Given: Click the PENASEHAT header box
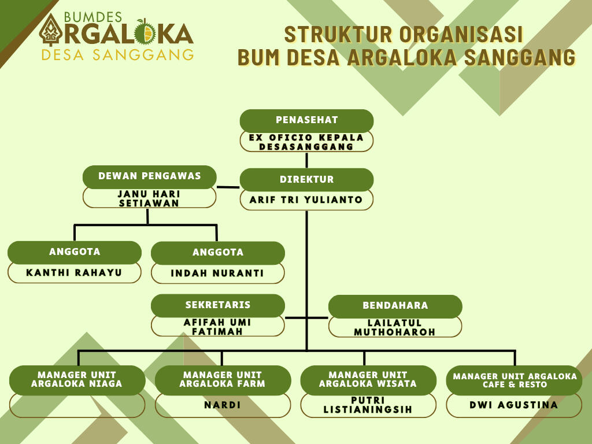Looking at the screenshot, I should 306,120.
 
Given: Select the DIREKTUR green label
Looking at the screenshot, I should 306,179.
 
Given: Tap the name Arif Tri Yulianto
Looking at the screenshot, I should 306,200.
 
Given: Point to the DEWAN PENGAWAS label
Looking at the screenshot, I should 149,176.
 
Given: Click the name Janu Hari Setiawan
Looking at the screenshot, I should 149,198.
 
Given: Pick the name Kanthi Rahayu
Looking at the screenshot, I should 74,272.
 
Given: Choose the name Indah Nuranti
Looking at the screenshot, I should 217,273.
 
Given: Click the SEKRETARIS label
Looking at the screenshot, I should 217,305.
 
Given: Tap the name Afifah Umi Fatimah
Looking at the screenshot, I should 217,327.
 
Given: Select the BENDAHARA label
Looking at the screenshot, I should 395,306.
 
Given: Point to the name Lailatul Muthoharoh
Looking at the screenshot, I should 395,327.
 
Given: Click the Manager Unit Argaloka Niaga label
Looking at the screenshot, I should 77,379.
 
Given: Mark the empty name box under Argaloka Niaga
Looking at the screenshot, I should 77,405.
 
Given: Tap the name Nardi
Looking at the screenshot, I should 223,405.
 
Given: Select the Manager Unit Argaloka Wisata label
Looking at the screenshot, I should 368,379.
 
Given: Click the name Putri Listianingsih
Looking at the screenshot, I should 368,405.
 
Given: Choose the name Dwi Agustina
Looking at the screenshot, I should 514,405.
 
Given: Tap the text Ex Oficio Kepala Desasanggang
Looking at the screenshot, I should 306,142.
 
